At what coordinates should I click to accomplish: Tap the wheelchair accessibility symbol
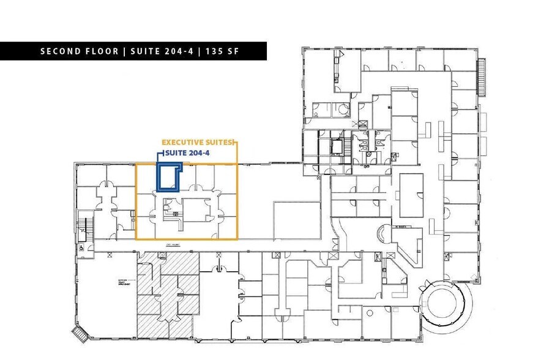81,248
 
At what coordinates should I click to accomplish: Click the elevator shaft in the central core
336,147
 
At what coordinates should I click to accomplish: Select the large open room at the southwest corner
104,294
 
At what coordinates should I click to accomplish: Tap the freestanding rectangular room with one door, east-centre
412,191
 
